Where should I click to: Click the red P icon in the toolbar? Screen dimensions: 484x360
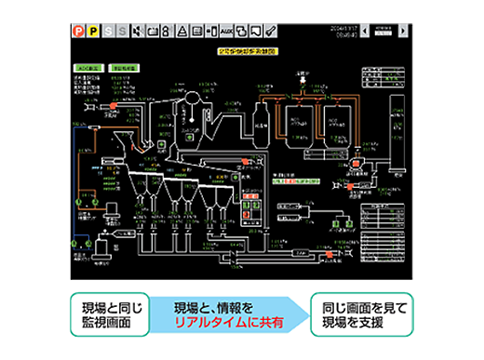78,31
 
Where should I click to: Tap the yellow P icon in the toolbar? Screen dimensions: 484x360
93,31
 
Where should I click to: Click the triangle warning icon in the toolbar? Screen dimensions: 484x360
183,31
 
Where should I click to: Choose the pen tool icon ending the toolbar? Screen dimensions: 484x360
271,31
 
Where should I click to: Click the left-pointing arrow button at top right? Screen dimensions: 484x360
364,30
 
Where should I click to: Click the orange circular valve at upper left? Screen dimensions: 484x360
112,108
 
